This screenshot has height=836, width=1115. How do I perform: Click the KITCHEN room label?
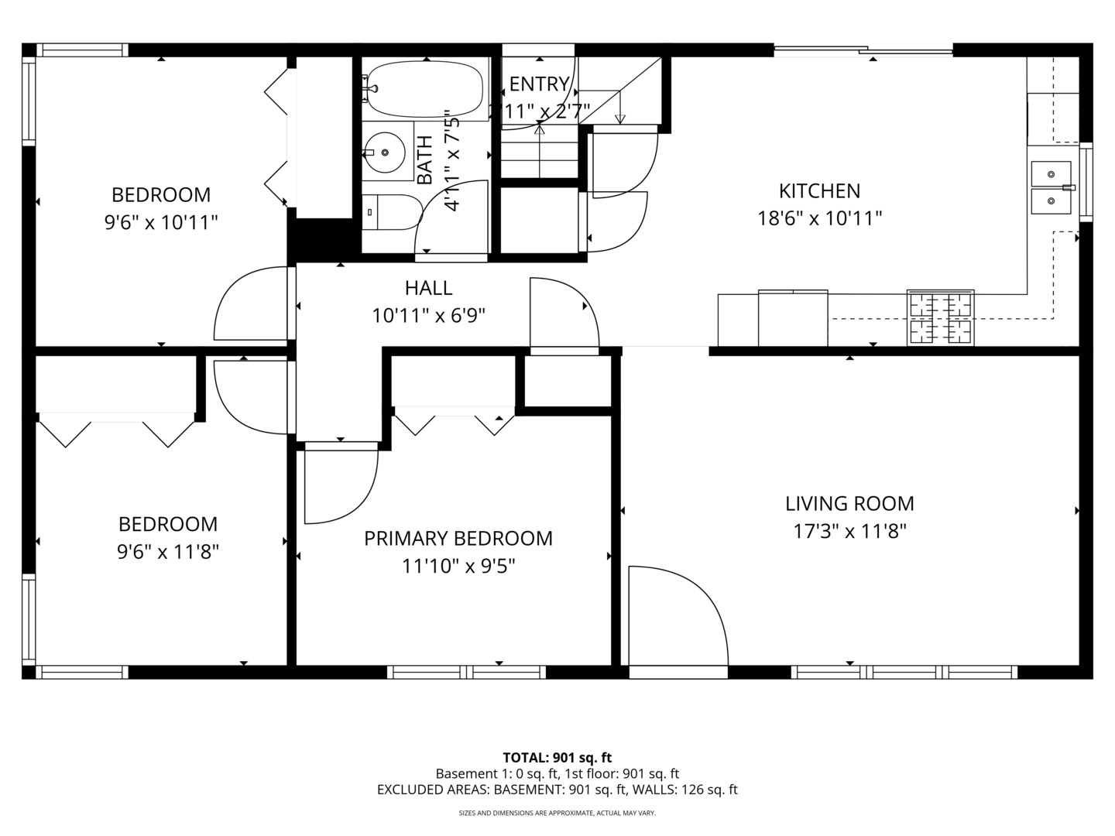pos(819,191)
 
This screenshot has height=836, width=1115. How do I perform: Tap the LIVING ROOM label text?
pos(849,504)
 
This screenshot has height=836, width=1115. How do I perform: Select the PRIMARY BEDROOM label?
pos(458,539)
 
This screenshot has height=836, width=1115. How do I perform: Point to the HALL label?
pos(428,288)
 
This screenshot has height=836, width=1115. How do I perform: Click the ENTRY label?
pos(539,84)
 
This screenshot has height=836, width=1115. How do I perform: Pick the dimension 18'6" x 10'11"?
pos(819,219)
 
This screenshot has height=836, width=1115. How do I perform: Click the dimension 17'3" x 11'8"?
pos(849,532)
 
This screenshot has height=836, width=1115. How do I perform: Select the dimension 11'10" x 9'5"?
pos(458,566)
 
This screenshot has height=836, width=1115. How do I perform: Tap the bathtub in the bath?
pos(424,88)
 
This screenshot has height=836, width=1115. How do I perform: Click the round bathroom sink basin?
pos(385,152)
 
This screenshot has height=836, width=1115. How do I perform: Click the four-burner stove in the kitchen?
pos(940,318)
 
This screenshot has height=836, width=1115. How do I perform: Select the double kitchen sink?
pos(1052,188)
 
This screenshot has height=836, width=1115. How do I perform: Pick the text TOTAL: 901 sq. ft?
pos(557,758)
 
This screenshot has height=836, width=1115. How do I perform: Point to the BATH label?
pos(424,160)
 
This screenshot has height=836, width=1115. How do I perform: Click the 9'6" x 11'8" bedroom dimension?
pos(167,552)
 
